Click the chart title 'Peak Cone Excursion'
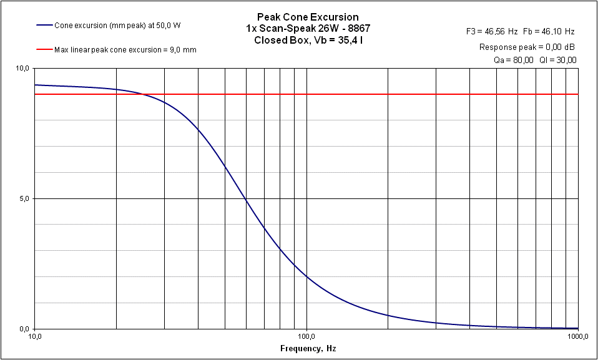[308, 17]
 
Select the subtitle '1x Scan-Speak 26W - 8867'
[308, 29]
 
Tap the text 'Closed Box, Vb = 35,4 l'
[308, 41]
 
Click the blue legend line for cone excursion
[44, 26]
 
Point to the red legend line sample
[44, 49]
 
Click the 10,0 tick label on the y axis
[22, 68]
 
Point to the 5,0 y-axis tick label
[24, 198]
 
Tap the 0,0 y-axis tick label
[24, 329]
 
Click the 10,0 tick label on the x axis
[35, 336]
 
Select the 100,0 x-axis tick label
[306, 336]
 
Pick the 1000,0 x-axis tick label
[577, 336]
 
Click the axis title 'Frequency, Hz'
[308, 348]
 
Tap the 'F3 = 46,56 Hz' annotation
[493, 31]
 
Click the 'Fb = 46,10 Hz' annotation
[550, 31]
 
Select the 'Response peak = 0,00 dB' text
[527, 47]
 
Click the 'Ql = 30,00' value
[559, 60]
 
